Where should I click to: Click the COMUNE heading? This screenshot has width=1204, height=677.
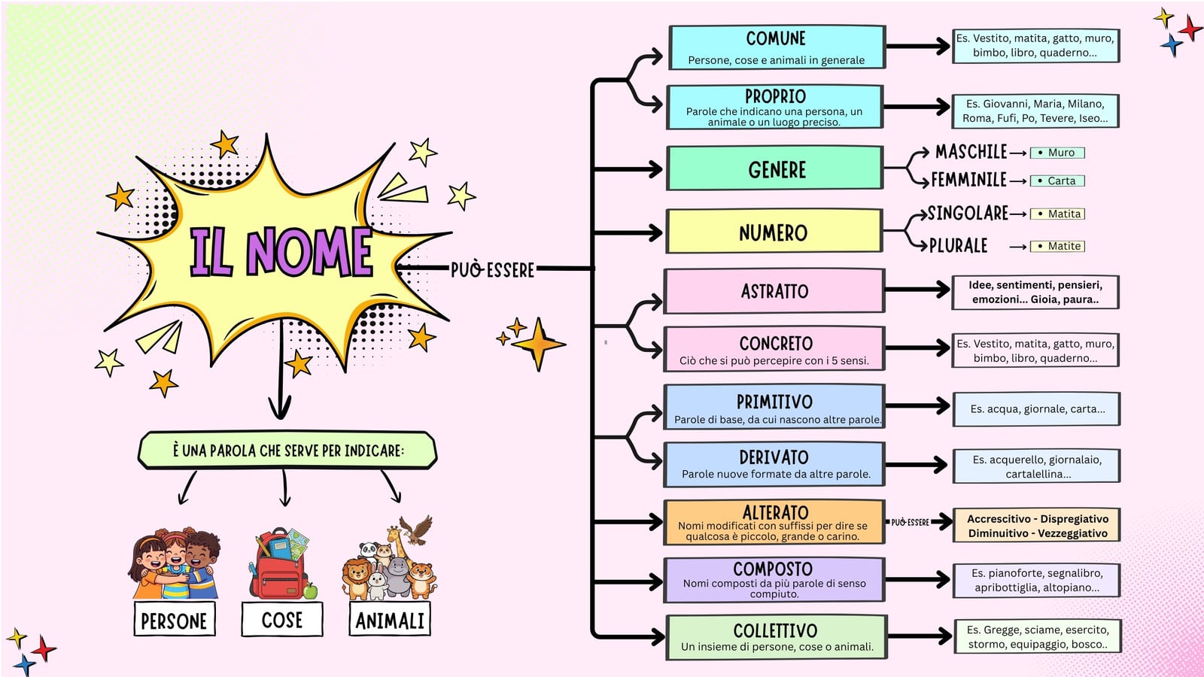coord(776,38)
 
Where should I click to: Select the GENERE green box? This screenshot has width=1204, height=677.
coord(774,168)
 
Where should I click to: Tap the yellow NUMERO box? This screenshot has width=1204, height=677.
coord(774,231)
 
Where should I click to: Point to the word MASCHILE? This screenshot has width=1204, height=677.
coord(971,151)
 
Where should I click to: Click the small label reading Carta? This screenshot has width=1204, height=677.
coord(1057,181)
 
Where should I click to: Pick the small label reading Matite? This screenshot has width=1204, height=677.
coord(1057,246)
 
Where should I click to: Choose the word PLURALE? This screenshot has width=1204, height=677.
coord(959,245)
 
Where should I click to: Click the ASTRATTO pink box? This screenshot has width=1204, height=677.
coord(774,290)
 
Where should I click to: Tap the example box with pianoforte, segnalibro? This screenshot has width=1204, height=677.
coord(1037,580)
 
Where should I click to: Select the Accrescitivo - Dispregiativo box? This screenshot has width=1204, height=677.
coord(1037,526)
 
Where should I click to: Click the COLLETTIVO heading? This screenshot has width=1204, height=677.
coord(775,630)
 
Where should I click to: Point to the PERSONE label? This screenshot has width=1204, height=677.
coord(174,620)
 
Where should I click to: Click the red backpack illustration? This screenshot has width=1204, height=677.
coord(278,564)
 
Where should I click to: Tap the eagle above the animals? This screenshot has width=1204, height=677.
coord(416,530)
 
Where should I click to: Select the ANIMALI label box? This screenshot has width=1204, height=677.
coord(390,620)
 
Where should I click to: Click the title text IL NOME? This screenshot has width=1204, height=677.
coord(281,251)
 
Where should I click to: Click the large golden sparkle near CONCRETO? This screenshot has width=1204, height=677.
coord(538,344)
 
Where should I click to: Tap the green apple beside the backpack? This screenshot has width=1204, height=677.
coord(310,591)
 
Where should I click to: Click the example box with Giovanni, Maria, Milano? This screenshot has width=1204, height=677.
coord(1035,111)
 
